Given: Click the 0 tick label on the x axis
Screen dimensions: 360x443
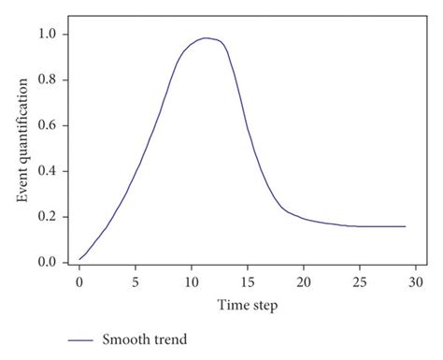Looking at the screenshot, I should click(x=79, y=281).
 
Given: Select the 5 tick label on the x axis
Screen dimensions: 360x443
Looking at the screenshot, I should click(x=136, y=281).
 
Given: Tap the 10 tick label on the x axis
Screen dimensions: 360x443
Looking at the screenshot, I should click(x=192, y=281).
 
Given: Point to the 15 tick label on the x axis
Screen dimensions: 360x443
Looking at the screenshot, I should click(x=248, y=281).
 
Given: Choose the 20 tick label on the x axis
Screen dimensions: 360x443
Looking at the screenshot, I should click(x=304, y=281).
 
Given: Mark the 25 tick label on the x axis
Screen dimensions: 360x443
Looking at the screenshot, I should click(x=360, y=281).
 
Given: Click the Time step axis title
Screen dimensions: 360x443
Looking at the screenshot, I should click(x=248, y=306).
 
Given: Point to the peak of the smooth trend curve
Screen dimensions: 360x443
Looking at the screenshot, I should click(x=206, y=38).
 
